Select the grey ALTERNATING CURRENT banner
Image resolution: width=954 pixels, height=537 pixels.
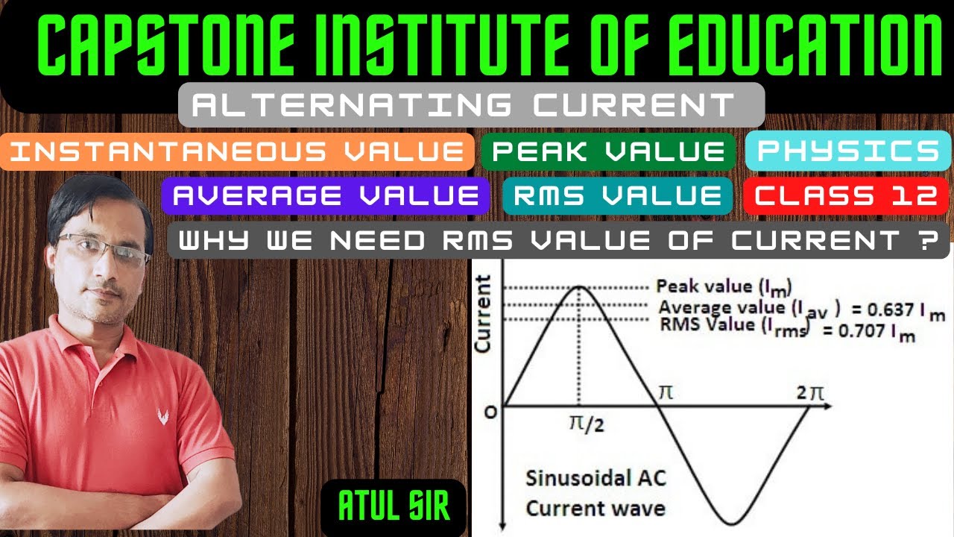pyautogui.click(x=471, y=104)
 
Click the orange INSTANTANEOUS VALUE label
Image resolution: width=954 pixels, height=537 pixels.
pyautogui.click(x=237, y=152)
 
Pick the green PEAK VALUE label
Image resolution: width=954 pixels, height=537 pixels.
pyautogui.click(x=608, y=152)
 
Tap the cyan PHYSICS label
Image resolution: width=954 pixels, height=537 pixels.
pyautogui.click(x=848, y=151)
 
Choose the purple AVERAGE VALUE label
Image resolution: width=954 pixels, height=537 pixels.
pyautogui.click(x=326, y=195)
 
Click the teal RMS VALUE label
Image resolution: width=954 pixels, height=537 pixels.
pyautogui.click(x=617, y=195)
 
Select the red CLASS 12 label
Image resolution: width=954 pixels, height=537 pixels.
pyautogui.click(x=846, y=196)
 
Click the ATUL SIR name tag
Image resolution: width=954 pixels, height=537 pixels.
pyautogui.click(x=394, y=505)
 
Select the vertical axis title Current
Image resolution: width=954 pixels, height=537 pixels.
pyautogui.click(x=484, y=314)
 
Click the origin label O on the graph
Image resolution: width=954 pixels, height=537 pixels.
pyautogui.click(x=490, y=412)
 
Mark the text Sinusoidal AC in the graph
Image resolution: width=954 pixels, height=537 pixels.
pyautogui.click(x=595, y=478)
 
